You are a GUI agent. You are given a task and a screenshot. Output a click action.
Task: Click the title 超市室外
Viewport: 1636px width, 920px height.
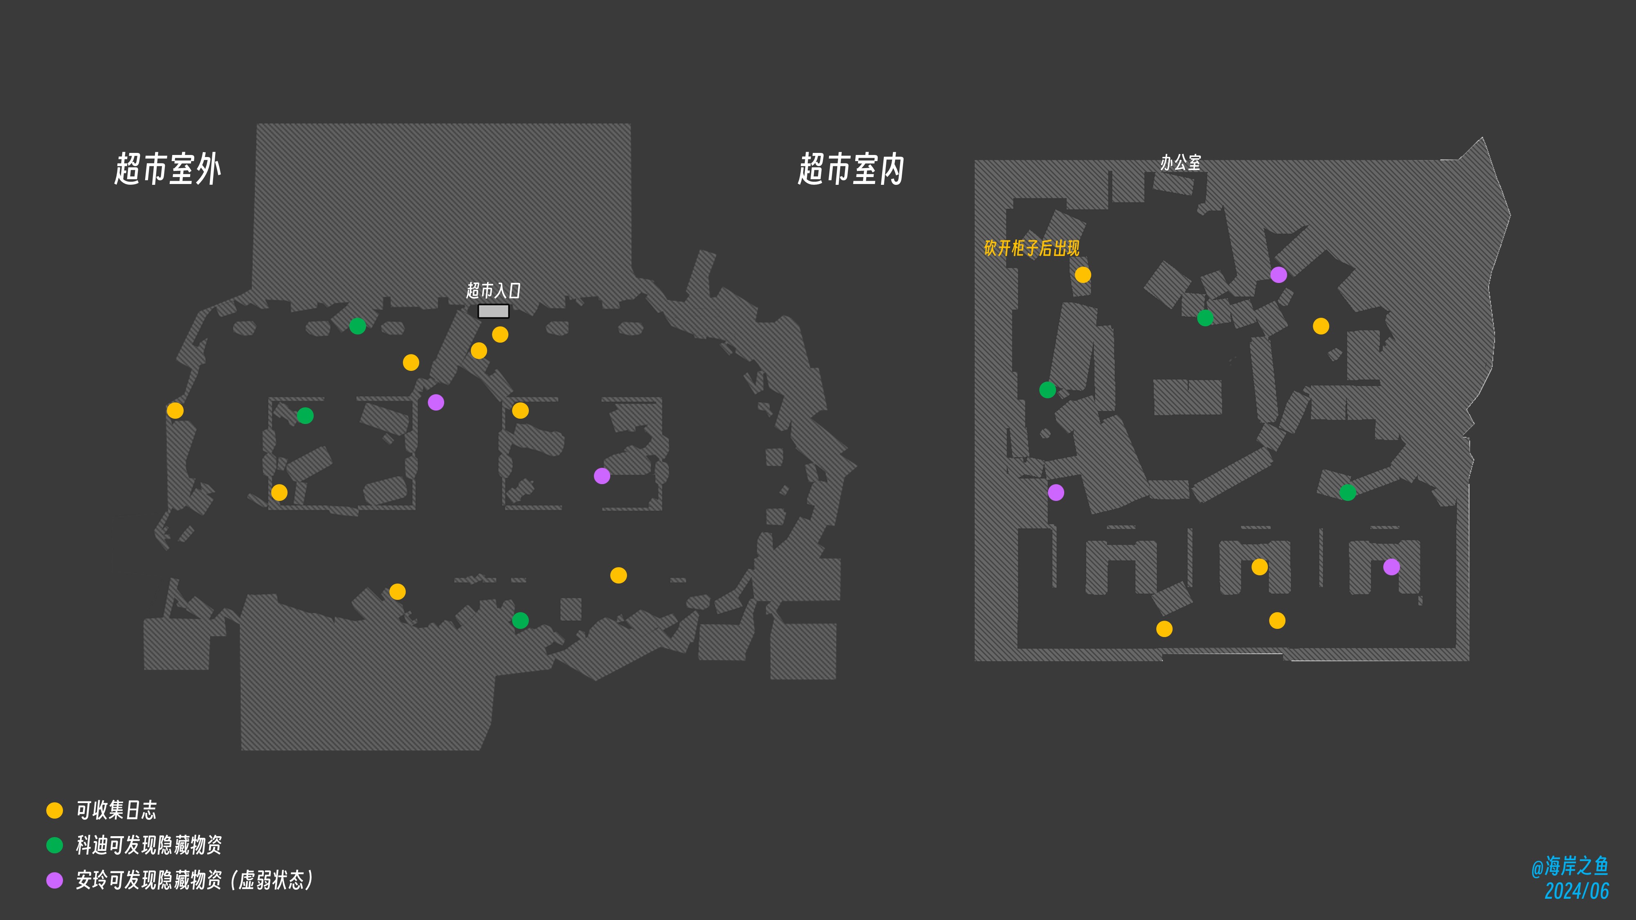pyautogui.click(x=168, y=169)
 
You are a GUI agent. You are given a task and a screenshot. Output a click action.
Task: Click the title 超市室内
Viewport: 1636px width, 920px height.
pyautogui.click(x=851, y=169)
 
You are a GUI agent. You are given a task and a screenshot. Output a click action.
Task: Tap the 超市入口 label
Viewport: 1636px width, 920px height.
pyautogui.click(x=494, y=290)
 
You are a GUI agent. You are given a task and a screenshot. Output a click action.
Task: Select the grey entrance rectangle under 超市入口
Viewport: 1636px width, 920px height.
pyautogui.click(x=494, y=311)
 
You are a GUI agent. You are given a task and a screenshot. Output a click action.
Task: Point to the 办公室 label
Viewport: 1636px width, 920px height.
pyautogui.click(x=1181, y=163)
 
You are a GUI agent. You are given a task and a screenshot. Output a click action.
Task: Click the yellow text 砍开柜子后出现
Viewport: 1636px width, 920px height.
pyautogui.click(x=1031, y=248)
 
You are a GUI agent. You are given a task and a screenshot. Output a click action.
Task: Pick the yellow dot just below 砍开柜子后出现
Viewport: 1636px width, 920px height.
pyautogui.click(x=1083, y=275)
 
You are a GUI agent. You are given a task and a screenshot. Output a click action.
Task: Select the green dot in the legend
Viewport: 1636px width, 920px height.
pyautogui.click(x=55, y=845)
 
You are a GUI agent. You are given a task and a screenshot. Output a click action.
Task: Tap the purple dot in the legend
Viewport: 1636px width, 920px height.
pyautogui.click(x=55, y=880)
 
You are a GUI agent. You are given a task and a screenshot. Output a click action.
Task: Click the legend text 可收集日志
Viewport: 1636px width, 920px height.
pyautogui.click(x=116, y=810)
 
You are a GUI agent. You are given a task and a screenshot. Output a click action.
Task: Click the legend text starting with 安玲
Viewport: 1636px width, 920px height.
pyautogui.click(x=194, y=880)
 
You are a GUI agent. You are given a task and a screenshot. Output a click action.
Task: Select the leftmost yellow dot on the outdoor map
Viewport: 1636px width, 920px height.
pyautogui.click(x=175, y=411)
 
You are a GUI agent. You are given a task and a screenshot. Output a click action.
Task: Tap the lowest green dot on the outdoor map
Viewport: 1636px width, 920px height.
pyautogui.click(x=520, y=620)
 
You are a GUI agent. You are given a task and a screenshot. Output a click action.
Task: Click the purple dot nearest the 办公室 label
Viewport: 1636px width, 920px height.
pyautogui.click(x=1279, y=275)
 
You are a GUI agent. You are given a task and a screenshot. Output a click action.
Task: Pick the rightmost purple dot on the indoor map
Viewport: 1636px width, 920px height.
pyautogui.click(x=1391, y=567)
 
